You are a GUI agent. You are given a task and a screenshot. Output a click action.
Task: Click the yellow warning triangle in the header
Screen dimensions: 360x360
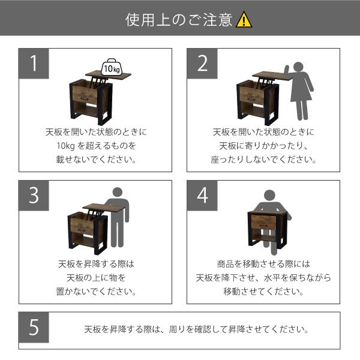click(244, 20)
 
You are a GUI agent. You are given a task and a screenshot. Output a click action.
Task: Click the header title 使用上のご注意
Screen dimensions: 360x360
click(178, 20)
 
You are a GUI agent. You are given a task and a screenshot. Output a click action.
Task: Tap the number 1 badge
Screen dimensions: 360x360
click(34, 64)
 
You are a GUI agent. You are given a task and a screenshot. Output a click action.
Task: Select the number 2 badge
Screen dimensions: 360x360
click(202, 64)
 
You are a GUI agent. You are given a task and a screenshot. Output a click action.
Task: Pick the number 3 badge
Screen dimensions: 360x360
click(34, 195)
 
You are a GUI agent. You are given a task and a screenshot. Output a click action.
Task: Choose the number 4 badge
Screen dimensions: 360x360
click(202, 195)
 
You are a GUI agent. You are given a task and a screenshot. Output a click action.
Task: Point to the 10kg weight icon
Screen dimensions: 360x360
click(112, 67)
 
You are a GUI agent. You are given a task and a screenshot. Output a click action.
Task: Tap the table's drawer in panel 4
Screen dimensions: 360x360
click(263, 223)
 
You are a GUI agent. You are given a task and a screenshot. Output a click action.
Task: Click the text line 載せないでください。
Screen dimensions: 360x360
click(96, 160)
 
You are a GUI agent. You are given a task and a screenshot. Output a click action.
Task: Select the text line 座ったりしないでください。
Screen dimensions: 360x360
click(263, 160)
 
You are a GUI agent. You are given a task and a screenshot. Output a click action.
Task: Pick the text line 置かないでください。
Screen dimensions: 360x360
click(96, 292)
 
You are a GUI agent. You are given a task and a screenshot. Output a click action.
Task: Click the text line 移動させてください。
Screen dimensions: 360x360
click(263, 292)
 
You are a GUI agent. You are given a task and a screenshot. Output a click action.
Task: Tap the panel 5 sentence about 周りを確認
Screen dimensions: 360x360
click(197, 329)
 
